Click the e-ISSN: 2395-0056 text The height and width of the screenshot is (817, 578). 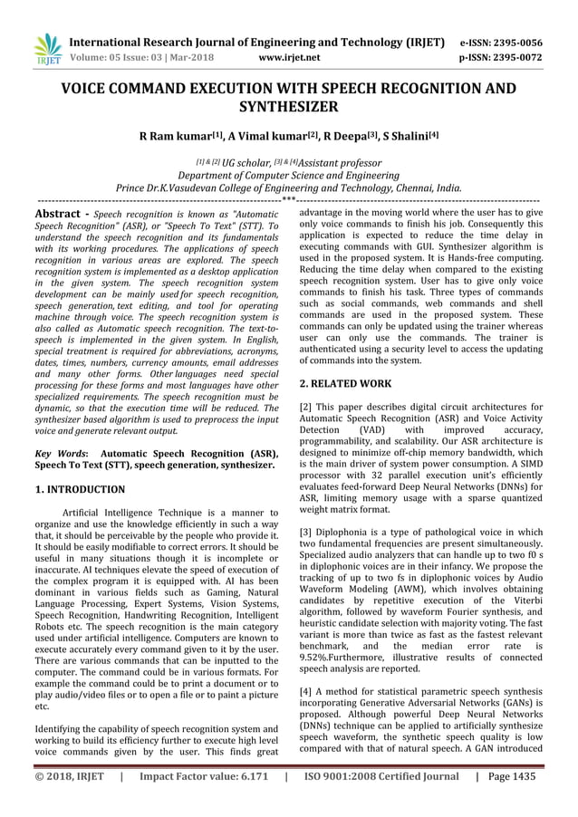click(501, 42)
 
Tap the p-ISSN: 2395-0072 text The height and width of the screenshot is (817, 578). click(501, 58)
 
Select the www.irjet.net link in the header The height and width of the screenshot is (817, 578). click(289, 58)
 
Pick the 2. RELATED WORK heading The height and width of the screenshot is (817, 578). click(345, 384)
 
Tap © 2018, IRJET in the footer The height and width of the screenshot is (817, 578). click(69, 776)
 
